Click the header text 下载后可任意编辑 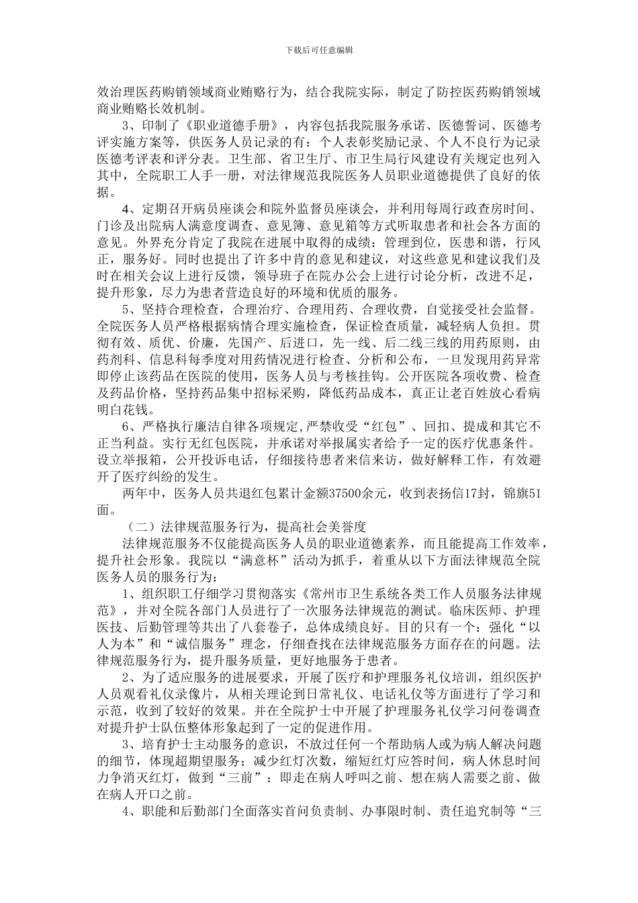click(319, 50)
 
